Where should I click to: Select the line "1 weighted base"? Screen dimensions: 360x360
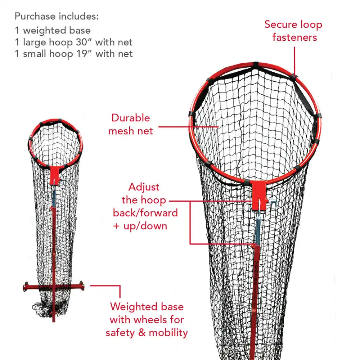[x=53, y=31]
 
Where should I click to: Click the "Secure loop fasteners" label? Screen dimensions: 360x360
[x=294, y=31]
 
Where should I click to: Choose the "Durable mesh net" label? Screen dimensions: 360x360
[x=131, y=125]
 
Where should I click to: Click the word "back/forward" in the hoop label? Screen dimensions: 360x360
[x=145, y=213]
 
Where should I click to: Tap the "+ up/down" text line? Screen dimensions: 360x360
[x=140, y=226]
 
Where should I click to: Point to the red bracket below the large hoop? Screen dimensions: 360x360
[x=259, y=195]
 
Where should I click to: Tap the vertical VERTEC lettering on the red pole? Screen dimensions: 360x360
[x=256, y=273]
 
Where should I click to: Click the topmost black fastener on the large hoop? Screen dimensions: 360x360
[x=256, y=65]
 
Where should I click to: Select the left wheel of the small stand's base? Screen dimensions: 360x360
[x=26, y=286]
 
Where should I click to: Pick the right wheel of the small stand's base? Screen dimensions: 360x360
[x=82, y=285]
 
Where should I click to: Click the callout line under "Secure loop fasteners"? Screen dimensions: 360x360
[x=294, y=61]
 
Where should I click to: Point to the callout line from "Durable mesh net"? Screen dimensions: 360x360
[x=188, y=126]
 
